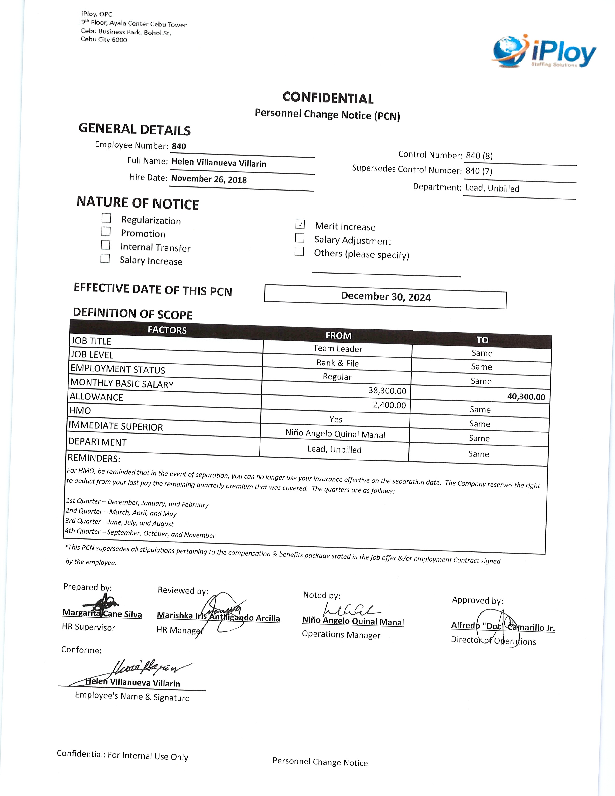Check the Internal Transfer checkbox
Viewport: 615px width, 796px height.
tap(105, 245)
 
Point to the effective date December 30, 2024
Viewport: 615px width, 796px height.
tap(385, 297)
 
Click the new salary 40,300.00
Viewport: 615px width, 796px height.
tap(526, 397)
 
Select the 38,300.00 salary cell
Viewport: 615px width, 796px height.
tap(387, 391)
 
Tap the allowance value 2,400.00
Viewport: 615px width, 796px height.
tap(389, 405)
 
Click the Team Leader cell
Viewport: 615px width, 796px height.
tap(337, 349)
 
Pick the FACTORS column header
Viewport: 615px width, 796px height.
tap(167, 330)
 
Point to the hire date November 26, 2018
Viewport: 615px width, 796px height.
tap(209, 179)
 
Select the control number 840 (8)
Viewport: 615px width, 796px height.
tap(479, 156)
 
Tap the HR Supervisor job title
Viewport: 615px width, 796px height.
tap(89, 627)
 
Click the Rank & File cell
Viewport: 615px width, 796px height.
tap(337, 363)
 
